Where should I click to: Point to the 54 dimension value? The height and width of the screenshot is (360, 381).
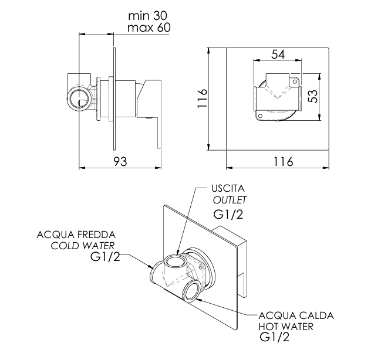pyautogui.click(x=278, y=55)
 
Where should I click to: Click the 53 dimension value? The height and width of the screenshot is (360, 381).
pyautogui.click(x=313, y=96)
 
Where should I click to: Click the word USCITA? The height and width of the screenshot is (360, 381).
pyautogui.click(x=228, y=189)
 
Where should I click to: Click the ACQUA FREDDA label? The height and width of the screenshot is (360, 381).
pyautogui.click(x=76, y=235)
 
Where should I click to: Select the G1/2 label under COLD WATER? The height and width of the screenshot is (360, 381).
pyautogui.click(x=106, y=257)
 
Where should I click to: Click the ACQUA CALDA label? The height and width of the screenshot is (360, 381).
pyautogui.click(x=296, y=315)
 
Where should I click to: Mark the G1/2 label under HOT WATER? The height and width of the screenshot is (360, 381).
pyautogui.click(x=275, y=338)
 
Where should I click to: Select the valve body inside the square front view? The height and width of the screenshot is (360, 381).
pyautogui.click(x=276, y=95)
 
